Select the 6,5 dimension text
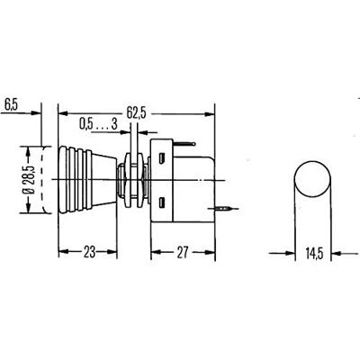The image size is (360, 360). (x=13, y=103)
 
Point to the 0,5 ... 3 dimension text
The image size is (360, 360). (x=98, y=122)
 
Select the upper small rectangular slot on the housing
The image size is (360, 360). (x=162, y=158)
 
